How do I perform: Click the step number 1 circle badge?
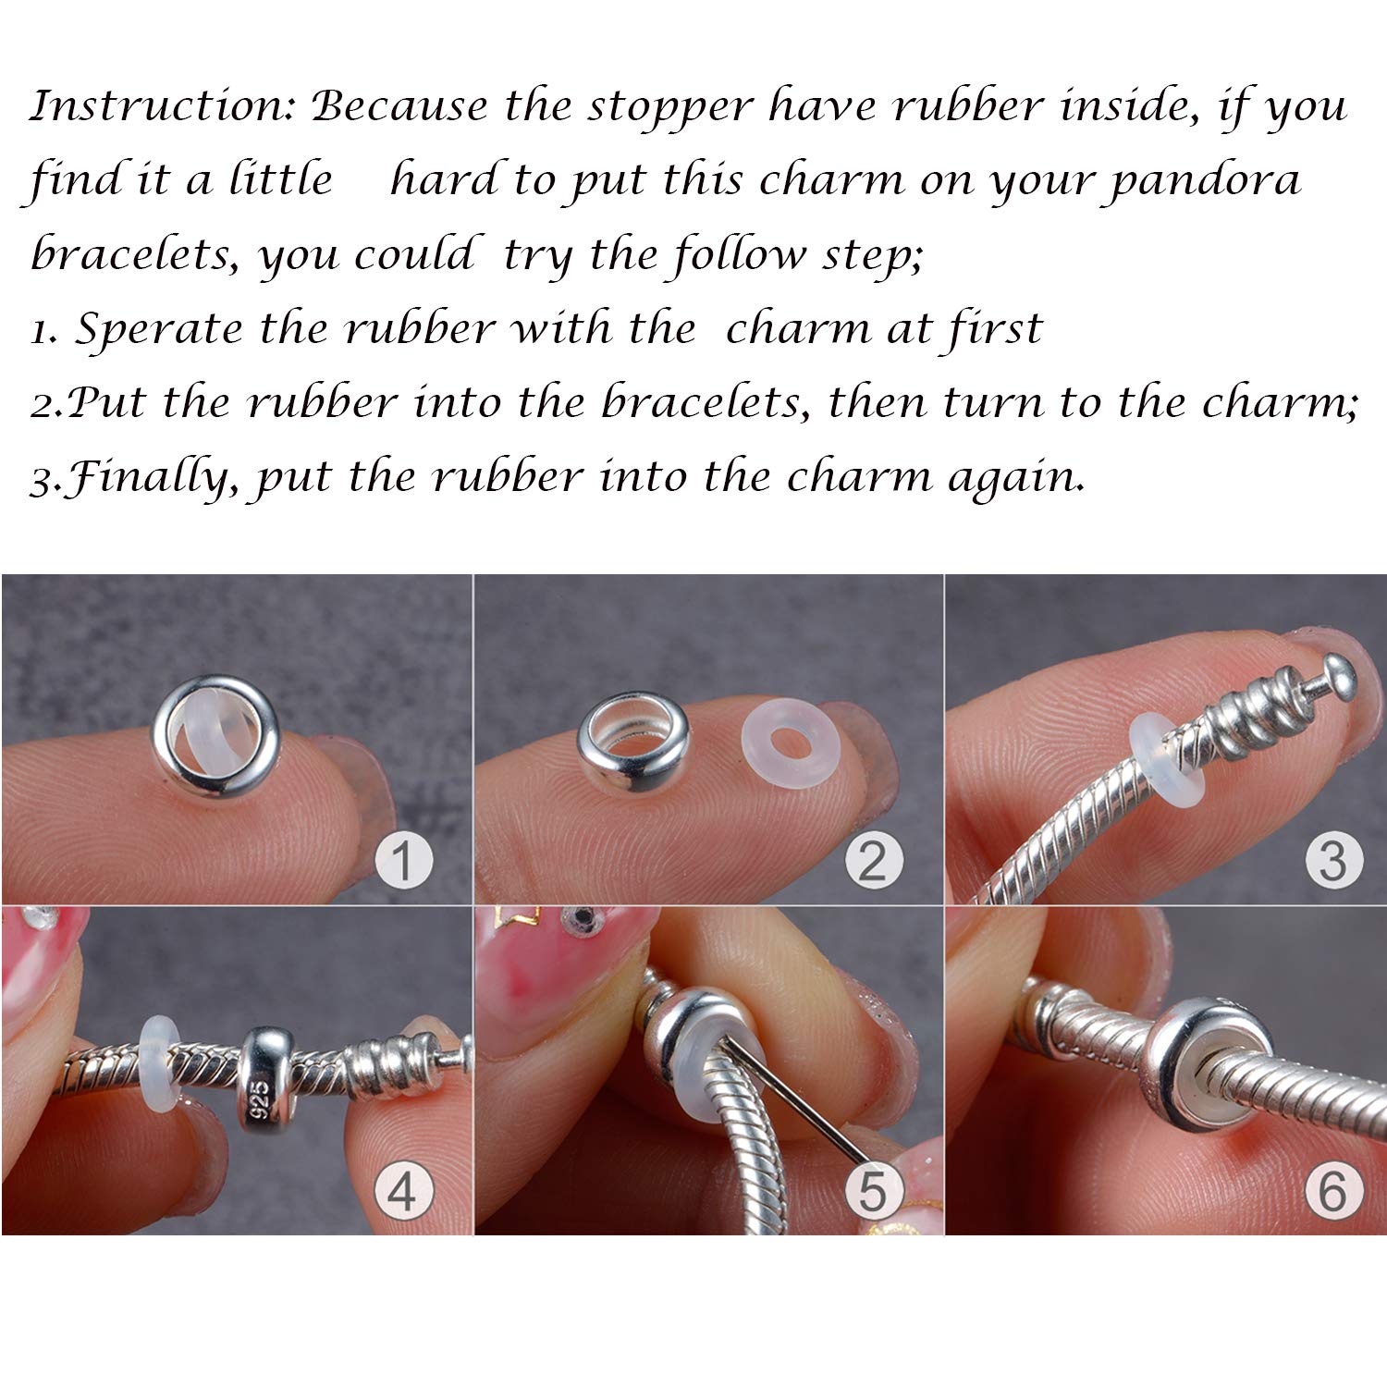[x=403, y=862]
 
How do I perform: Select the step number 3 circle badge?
[x=1333, y=862]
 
